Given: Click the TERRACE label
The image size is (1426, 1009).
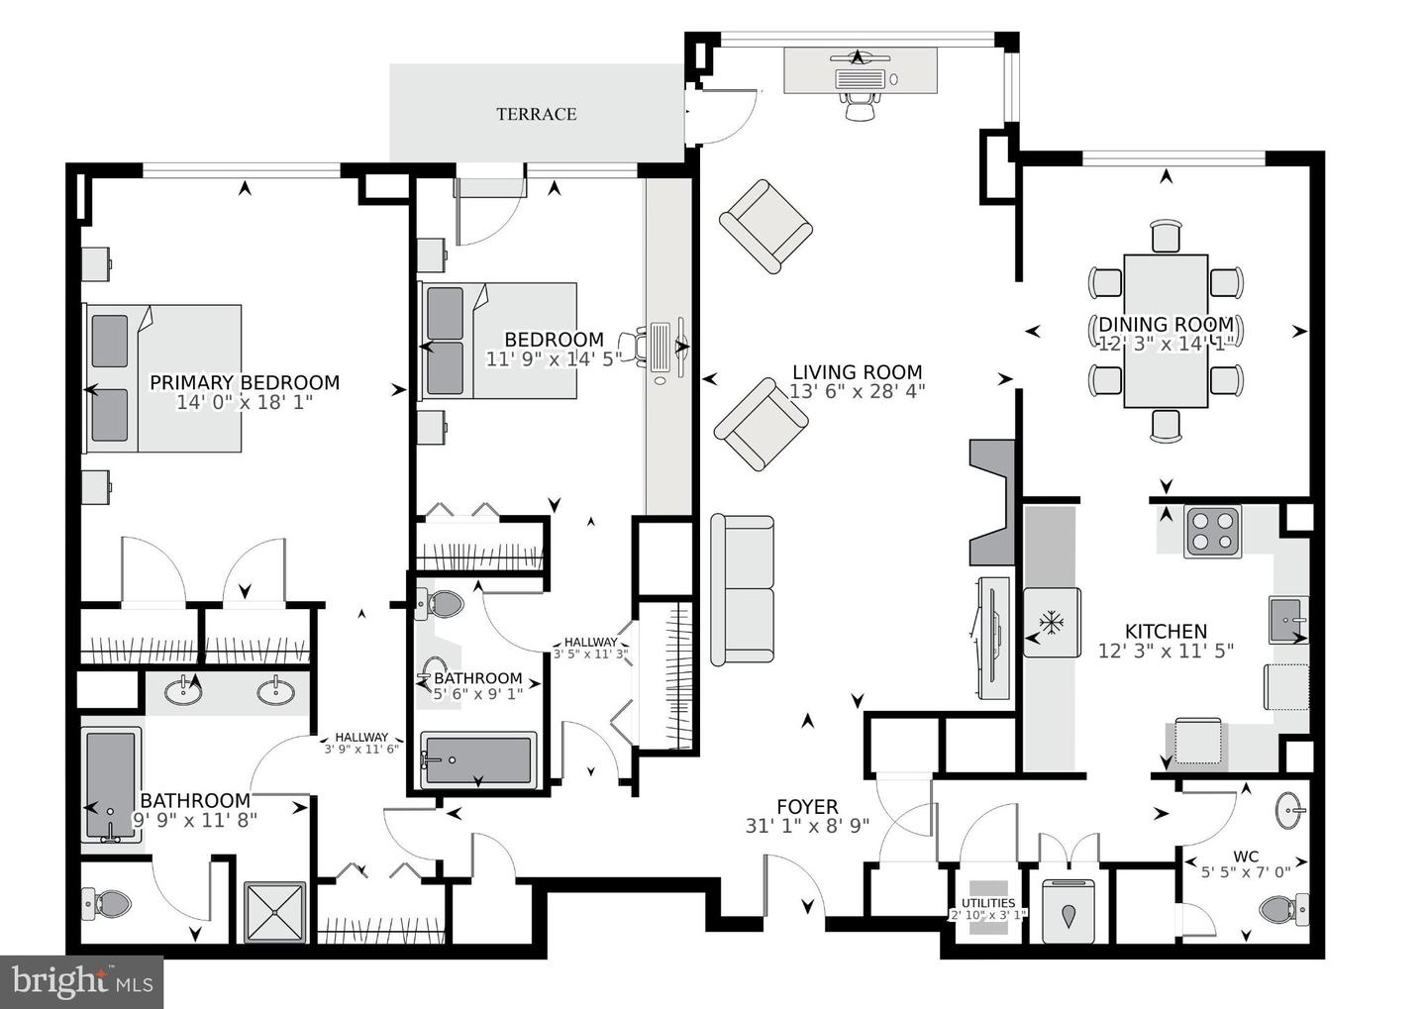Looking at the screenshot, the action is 536,114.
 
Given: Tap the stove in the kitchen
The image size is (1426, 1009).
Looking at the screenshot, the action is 1212,532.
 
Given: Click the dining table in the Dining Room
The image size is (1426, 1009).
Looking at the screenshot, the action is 1166,331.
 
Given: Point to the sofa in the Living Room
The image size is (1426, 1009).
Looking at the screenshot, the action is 743,590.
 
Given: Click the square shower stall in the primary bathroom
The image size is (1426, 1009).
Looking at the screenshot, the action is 274,912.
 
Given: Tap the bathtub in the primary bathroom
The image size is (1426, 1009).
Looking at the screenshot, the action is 111,785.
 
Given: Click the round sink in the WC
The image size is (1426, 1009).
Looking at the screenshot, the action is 1291,811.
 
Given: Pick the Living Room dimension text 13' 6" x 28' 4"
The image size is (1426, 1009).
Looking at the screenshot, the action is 857,391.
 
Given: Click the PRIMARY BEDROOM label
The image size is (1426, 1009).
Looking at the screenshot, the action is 245,382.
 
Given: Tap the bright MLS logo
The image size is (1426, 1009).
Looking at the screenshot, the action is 81,981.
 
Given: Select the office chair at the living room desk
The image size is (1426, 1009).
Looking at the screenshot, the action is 861,105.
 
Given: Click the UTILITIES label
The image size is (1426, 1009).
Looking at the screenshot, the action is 988,903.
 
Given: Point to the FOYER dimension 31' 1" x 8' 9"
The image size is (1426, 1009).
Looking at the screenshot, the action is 807,826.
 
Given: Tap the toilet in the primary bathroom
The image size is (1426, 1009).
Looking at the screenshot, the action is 107,903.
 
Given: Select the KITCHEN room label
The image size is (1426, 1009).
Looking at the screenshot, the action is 1166,631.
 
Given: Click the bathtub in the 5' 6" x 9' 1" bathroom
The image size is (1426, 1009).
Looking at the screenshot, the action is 477,760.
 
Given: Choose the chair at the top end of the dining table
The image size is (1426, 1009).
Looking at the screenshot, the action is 1167,237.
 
